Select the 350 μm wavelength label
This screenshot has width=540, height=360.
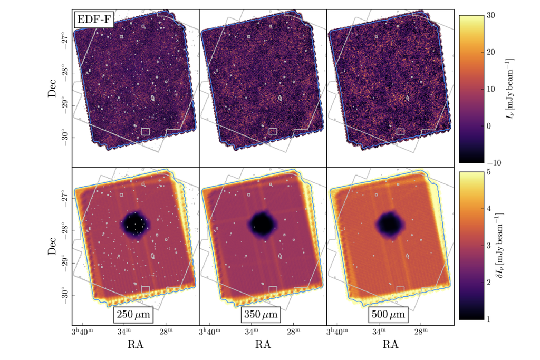263,316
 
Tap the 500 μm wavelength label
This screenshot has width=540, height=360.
390,316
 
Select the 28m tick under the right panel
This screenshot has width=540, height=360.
421,332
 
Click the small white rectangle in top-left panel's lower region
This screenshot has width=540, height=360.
146,131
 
